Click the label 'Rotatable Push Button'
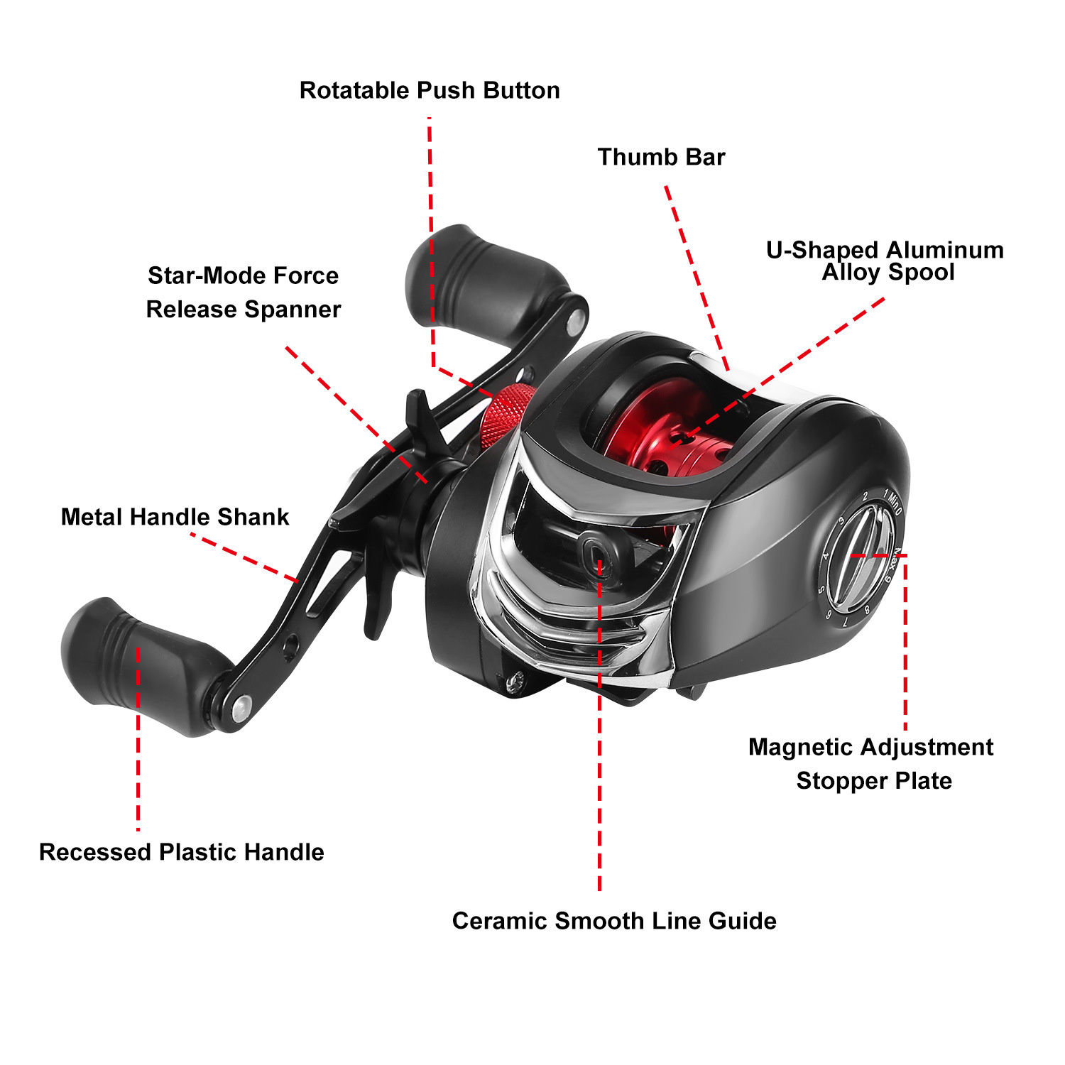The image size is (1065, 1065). point(430,91)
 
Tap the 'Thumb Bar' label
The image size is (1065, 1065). point(661,157)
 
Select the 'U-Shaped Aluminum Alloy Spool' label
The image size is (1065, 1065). point(885,261)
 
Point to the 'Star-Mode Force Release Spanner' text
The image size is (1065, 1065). point(244,293)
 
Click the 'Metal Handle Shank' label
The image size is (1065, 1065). point(175,517)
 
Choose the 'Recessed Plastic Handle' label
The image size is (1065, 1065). point(182,852)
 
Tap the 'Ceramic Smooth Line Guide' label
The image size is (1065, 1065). point(614,921)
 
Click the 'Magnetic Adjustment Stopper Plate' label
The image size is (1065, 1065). point(872,764)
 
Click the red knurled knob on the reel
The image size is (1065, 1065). point(505,417)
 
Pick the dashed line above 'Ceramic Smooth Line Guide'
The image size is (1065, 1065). point(600,724)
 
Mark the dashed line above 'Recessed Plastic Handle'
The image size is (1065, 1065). point(138,738)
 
